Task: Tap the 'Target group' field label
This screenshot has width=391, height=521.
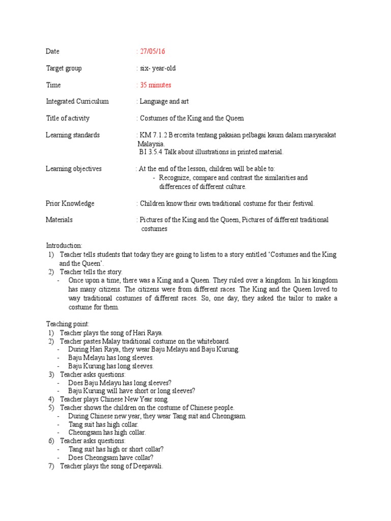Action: click(64, 68)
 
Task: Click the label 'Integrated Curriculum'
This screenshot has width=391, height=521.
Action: click(77, 101)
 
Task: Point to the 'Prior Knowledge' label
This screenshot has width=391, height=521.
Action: click(70, 204)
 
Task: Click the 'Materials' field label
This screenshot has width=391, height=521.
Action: click(59, 220)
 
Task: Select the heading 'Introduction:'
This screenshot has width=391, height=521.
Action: click(64, 246)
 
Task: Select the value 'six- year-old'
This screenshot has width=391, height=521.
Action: click(158, 68)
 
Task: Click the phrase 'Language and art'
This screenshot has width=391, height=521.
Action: click(164, 101)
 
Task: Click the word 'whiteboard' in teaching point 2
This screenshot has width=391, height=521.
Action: click(213, 341)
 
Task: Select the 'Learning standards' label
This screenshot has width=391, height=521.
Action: click(72, 135)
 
